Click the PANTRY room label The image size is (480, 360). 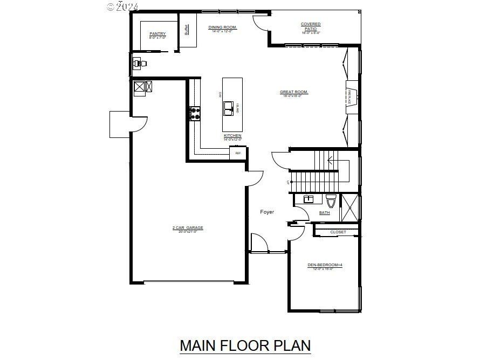[157, 34]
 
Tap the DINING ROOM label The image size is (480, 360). [223, 27]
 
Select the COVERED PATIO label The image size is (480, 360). [311, 24]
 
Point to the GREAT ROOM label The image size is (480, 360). [294, 92]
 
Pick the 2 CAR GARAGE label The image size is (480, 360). [188, 228]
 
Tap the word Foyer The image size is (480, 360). [267, 212]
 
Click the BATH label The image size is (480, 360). [324, 213]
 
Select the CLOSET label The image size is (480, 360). [338, 232]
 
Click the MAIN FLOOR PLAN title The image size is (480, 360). [245, 345]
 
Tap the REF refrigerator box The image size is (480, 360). [238, 154]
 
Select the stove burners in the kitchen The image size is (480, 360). [194, 113]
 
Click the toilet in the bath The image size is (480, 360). [331, 200]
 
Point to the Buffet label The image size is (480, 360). [187, 30]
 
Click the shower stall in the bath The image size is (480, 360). [350, 207]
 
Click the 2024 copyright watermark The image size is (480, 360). [124, 6]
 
